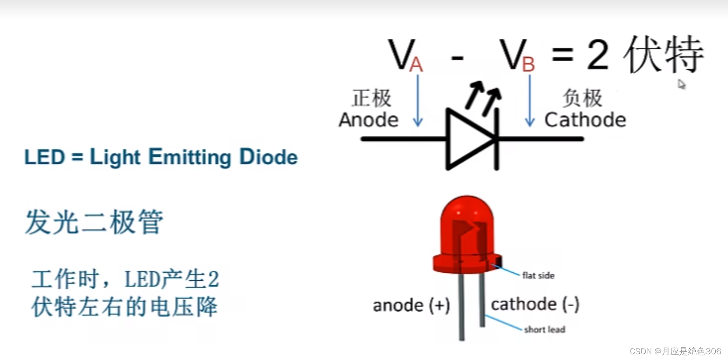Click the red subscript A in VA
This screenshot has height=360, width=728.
416,65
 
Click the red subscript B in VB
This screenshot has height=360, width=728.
528,65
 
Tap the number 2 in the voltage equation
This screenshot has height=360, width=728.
598,56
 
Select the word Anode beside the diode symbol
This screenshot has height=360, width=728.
368,120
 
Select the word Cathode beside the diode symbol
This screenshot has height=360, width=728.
585,120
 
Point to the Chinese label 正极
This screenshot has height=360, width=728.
371,98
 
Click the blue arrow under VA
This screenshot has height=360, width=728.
418,101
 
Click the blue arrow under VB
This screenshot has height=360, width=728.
530,101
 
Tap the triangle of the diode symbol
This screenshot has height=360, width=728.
467,139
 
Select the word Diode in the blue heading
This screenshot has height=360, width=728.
268,157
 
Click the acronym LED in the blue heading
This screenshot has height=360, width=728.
45,157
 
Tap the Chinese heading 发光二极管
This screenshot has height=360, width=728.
94,222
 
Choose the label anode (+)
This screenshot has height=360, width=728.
411,305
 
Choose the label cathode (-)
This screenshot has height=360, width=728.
535,304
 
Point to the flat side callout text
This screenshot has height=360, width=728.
538,276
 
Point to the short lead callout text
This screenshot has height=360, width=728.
545,330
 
